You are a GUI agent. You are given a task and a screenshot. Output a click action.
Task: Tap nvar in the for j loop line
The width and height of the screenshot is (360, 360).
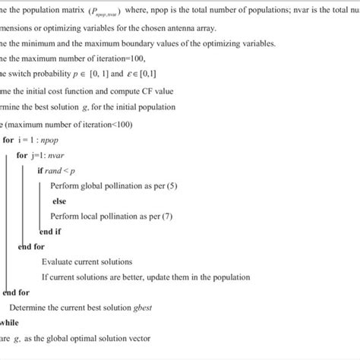(58, 154)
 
